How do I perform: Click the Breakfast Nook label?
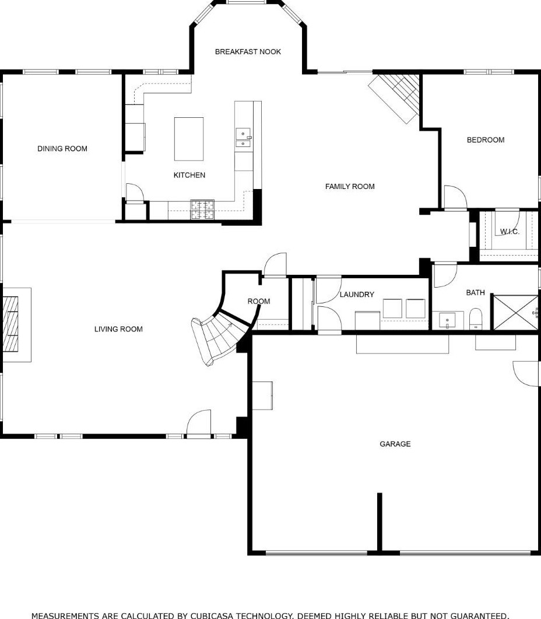click(248, 52)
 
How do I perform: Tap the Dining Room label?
click(62, 149)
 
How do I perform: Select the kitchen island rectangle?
click(189, 139)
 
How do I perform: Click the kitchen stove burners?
click(202, 209)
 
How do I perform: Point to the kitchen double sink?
click(243, 137)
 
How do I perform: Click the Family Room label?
click(350, 186)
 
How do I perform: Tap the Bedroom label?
click(486, 140)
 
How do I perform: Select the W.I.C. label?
click(510, 232)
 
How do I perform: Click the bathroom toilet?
click(476, 319)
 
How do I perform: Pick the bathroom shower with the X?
click(514, 313)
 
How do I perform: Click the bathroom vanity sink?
click(447, 320)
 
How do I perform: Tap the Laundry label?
click(357, 295)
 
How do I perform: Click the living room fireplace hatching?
click(10, 324)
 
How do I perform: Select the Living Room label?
click(118, 329)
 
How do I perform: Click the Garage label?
click(395, 444)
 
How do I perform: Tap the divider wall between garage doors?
click(380, 522)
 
